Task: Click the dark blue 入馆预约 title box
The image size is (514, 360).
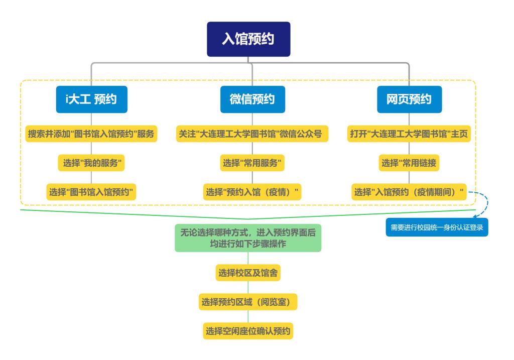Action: pyautogui.click(x=248, y=39)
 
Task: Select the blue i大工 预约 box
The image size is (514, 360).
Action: pyautogui.click(x=91, y=99)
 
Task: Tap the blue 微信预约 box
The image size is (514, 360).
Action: pyautogui.click(x=252, y=99)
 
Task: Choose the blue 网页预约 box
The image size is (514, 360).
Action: pyautogui.click(x=409, y=99)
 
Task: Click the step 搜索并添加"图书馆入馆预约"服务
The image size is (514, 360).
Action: pyautogui.click(x=91, y=134)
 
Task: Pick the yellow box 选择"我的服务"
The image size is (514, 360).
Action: pyautogui.click(x=91, y=163)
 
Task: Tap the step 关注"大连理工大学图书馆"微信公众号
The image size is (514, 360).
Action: pyautogui.click(x=252, y=134)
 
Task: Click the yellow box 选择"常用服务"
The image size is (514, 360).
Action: pyautogui.click(x=252, y=163)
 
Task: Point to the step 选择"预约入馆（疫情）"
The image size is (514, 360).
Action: pyautogui.click(x=252, y=191)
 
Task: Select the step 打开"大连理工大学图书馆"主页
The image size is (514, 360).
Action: pyautogui.click(x=410, y=134)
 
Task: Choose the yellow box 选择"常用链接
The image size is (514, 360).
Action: pyautogui.click(x=410, y=163)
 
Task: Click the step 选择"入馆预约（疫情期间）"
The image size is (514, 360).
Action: pyautogui.click(x=409, y=191)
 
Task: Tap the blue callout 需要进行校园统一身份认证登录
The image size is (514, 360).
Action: pyautogui.click(x=436, y=227)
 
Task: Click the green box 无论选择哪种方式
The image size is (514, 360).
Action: pyautogui.click(x=248, y=237)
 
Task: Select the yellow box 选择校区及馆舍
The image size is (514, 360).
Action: pyautogui.click(x=248, y=273)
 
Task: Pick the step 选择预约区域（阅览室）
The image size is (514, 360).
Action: pyautogui.click(x=248, y=302)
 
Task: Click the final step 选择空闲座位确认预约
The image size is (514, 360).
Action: pyautogui.click(x=248, y=330)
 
